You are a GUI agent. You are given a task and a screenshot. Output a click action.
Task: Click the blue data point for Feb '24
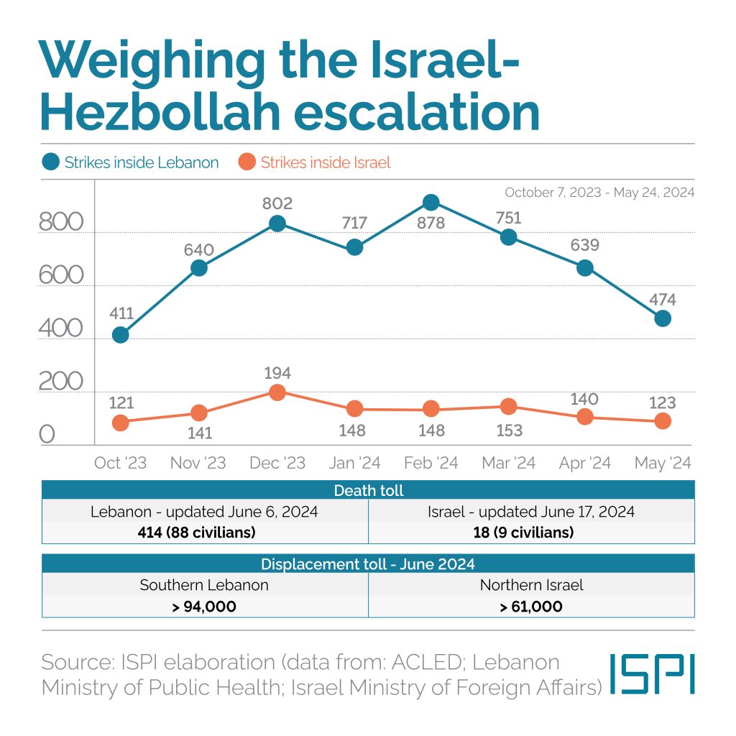[x=431, y=202]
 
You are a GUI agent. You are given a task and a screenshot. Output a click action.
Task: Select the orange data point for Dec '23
[x=277, y=392]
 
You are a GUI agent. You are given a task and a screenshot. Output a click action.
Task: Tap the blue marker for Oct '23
[x=121, y=335]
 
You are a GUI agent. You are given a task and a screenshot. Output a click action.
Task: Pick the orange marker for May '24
[x=663, y=421]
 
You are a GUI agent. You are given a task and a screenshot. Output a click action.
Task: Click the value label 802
[x=277, y=203]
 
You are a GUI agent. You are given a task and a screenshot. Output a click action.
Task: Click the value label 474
[x=662, y=300]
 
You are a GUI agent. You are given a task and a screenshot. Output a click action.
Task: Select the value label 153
[x=508, y=431]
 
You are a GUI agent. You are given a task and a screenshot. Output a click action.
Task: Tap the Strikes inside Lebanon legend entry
[x=131, y=162]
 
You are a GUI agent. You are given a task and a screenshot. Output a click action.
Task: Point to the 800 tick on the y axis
[x=61, y=223]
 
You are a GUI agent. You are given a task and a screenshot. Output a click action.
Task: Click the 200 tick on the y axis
[x=61, y=382]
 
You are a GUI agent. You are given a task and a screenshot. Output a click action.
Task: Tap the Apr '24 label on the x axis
[x=584, y=463]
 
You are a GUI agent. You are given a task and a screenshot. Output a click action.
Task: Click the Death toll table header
[x=368, y=491]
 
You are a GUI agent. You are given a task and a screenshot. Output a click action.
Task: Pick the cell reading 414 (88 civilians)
[x=205, y=533]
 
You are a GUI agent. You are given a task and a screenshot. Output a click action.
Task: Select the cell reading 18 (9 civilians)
[x=531, y=533]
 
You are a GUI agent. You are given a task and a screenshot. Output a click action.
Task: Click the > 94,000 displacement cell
[x=205, y=607]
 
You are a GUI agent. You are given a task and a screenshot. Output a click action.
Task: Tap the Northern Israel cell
[x=531, y=585]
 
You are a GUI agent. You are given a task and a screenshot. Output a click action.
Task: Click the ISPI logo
[x=653, y=673]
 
